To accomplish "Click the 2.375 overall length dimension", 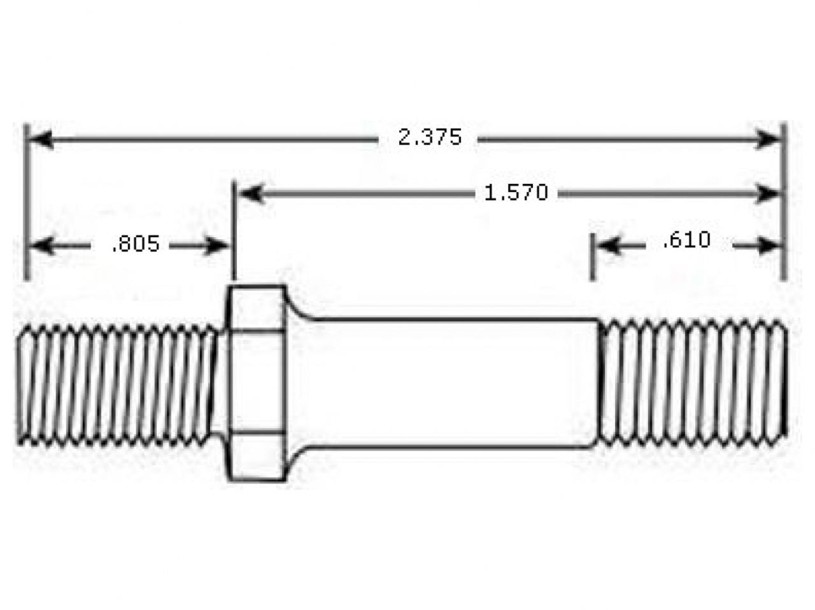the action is (x=430, y=137).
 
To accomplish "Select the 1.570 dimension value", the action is (x=516, y=193).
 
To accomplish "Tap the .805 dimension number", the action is (x=136, y=244).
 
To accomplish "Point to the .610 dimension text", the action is (x=686, y=240).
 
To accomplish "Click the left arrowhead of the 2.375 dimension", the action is (x=41, y=140).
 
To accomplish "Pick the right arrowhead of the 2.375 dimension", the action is (x=767, y=140).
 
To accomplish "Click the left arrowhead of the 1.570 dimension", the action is (x=251, y=194).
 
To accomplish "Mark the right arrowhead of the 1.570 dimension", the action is (x=767, y=194).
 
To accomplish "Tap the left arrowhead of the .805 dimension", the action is (x=41, y=246).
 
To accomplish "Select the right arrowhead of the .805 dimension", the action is (x=215, y=246).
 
